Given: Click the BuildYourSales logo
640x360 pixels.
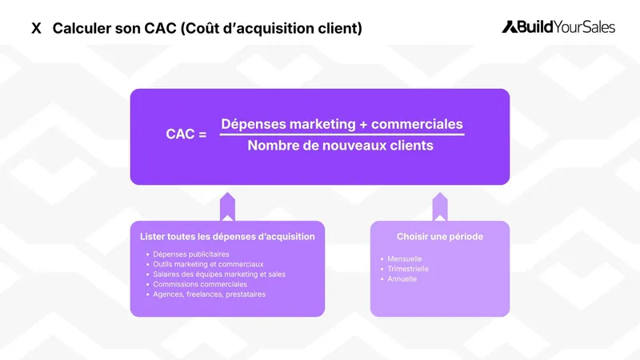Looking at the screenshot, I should point(558,27).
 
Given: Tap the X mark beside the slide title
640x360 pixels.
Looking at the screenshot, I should point(36,29).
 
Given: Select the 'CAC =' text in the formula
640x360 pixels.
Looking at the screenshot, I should point(186,134).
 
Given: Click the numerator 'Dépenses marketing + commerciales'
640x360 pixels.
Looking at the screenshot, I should point(342,124).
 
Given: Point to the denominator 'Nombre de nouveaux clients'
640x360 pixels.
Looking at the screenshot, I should point(340,146).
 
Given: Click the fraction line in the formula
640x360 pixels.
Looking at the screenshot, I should point(342,134).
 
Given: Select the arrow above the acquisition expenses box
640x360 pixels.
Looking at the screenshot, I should point(227,206).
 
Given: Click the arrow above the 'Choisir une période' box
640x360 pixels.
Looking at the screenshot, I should point(440,206).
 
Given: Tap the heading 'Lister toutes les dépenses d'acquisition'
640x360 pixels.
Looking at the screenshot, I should point(227,237).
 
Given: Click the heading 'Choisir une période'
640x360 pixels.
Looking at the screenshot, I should point(440,237).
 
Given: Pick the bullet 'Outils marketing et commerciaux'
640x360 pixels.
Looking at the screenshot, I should point(208,264).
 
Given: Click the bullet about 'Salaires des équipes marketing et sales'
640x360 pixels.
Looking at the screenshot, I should point(219,274).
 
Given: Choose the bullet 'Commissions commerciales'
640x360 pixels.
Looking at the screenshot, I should point(200,284).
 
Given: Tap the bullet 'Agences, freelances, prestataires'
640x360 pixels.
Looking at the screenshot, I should point(209,294).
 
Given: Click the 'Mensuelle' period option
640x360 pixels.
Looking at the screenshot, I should point(405,259).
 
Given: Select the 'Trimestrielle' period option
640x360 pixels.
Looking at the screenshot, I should point(408,269).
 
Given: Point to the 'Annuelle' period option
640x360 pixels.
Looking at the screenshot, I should point(402,279).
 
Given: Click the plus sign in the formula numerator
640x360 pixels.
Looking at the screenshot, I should point(363,125).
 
